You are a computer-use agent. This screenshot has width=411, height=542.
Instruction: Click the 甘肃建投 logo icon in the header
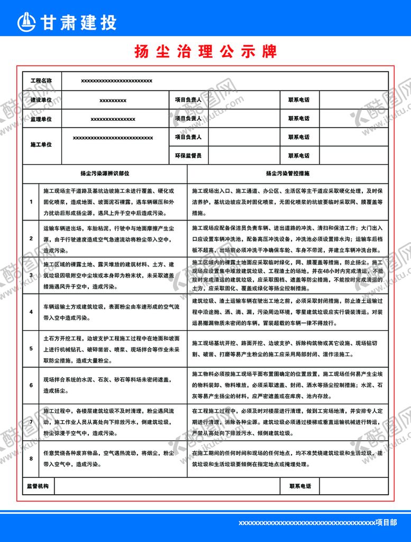(x=27, y=22)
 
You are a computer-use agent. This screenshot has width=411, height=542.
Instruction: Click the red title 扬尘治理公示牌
(x=206, y=51)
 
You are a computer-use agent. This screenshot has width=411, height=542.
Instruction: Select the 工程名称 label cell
(x=41, y=81)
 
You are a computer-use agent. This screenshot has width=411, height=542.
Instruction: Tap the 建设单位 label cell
(x=41, y=100)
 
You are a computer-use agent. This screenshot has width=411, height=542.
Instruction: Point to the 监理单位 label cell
(x=41, y=118)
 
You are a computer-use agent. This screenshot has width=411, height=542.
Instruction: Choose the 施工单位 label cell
(x=41, y=145)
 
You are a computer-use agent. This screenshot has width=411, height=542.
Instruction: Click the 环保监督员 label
(x=188, y=156)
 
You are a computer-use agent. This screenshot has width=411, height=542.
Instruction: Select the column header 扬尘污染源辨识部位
(x=105, y=173)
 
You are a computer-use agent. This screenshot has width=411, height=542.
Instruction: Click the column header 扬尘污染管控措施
(x=288, y=173)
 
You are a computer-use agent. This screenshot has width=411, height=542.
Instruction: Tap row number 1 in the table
(x=31, y=201)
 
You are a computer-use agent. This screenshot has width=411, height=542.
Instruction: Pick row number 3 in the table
(x=31, y=275)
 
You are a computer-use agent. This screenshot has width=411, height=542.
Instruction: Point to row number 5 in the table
(x=31, y=348)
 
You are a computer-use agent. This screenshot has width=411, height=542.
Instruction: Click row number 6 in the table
(x=31, y=385)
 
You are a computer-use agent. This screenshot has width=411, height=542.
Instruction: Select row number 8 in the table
(x=31, y=458)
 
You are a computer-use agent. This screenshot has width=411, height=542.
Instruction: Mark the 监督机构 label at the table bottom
(x=38, y=486)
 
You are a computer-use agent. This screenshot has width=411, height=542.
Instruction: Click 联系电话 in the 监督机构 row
(x=299, y=486)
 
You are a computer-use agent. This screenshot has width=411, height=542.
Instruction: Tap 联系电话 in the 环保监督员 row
(x=299, y=156)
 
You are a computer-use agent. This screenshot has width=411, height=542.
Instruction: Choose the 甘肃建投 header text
(x=77, y=22)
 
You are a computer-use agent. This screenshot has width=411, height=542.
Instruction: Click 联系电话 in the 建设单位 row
(x=299, y=100)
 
